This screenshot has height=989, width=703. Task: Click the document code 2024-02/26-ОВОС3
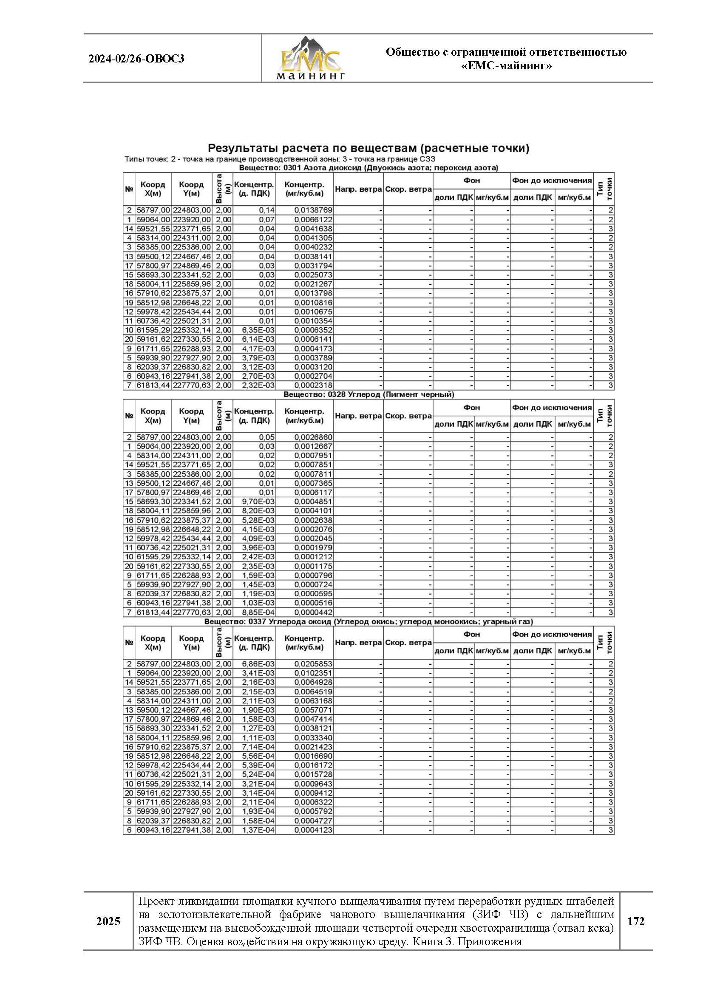coord(136,59)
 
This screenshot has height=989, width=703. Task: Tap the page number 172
coord(635,921)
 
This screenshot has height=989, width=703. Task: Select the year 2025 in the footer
coord(108,921)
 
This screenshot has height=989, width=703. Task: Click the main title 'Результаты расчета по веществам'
coord(369,148)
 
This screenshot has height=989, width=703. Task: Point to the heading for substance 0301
coord(369,167)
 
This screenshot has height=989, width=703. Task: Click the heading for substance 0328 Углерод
coord(369,394)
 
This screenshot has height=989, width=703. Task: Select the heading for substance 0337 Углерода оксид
coord(369,621)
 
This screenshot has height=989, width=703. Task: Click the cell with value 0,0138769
coord(313,210)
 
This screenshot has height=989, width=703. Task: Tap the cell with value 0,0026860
coord(313,437)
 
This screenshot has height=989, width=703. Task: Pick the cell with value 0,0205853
coord(313,664)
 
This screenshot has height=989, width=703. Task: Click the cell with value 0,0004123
coord(313,830)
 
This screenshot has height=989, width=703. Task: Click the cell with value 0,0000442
coord(313,612)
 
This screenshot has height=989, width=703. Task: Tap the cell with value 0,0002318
coord(313,385)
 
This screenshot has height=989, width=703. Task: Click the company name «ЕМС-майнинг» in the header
coord(506,66)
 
